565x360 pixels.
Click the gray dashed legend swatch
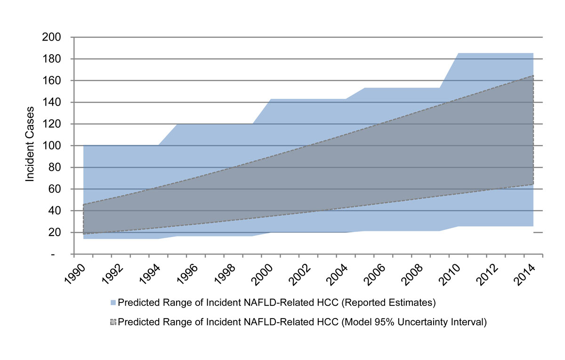[113, 323]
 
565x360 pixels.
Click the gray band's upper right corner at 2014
[533, 75]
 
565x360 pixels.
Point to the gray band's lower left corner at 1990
[83, 234]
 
